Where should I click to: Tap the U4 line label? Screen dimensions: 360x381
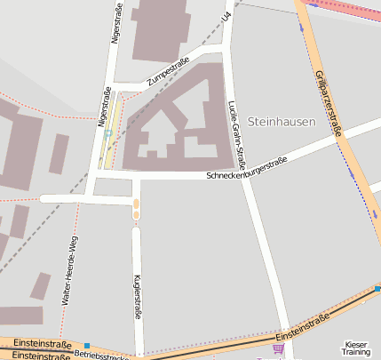click(x=227, y=17)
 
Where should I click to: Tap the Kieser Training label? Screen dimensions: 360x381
click(x=356, y=348)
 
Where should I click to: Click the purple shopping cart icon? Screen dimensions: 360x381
click(x=279, y=349)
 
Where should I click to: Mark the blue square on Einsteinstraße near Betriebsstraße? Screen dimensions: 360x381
click(x=87, y=345)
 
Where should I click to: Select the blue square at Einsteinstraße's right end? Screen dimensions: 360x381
click(x=377, y=288)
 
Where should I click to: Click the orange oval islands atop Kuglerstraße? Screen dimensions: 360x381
click(x=136, y=208)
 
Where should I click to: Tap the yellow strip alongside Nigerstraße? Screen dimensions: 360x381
click(x=111, y=133)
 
